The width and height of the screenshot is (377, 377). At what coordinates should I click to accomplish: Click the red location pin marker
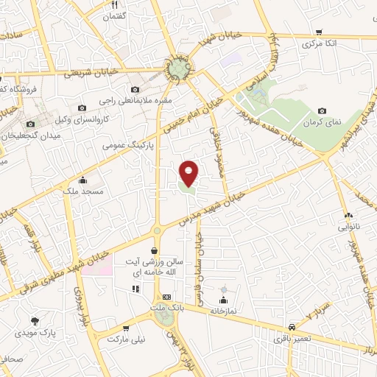coord(189,173)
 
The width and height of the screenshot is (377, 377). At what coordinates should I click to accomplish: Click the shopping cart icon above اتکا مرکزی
coord(318,32)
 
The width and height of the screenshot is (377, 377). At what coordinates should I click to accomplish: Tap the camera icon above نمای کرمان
coord(322,110)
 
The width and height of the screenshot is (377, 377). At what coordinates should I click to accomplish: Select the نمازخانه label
coord(223,311)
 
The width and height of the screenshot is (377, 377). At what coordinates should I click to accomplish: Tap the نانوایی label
coord(350,228)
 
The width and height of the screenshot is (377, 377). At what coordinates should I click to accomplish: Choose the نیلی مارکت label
coord(123,339)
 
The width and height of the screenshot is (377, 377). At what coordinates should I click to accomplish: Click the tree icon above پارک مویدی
coord(35,321)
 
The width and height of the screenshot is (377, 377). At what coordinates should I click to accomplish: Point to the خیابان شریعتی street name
coord(87,73)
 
